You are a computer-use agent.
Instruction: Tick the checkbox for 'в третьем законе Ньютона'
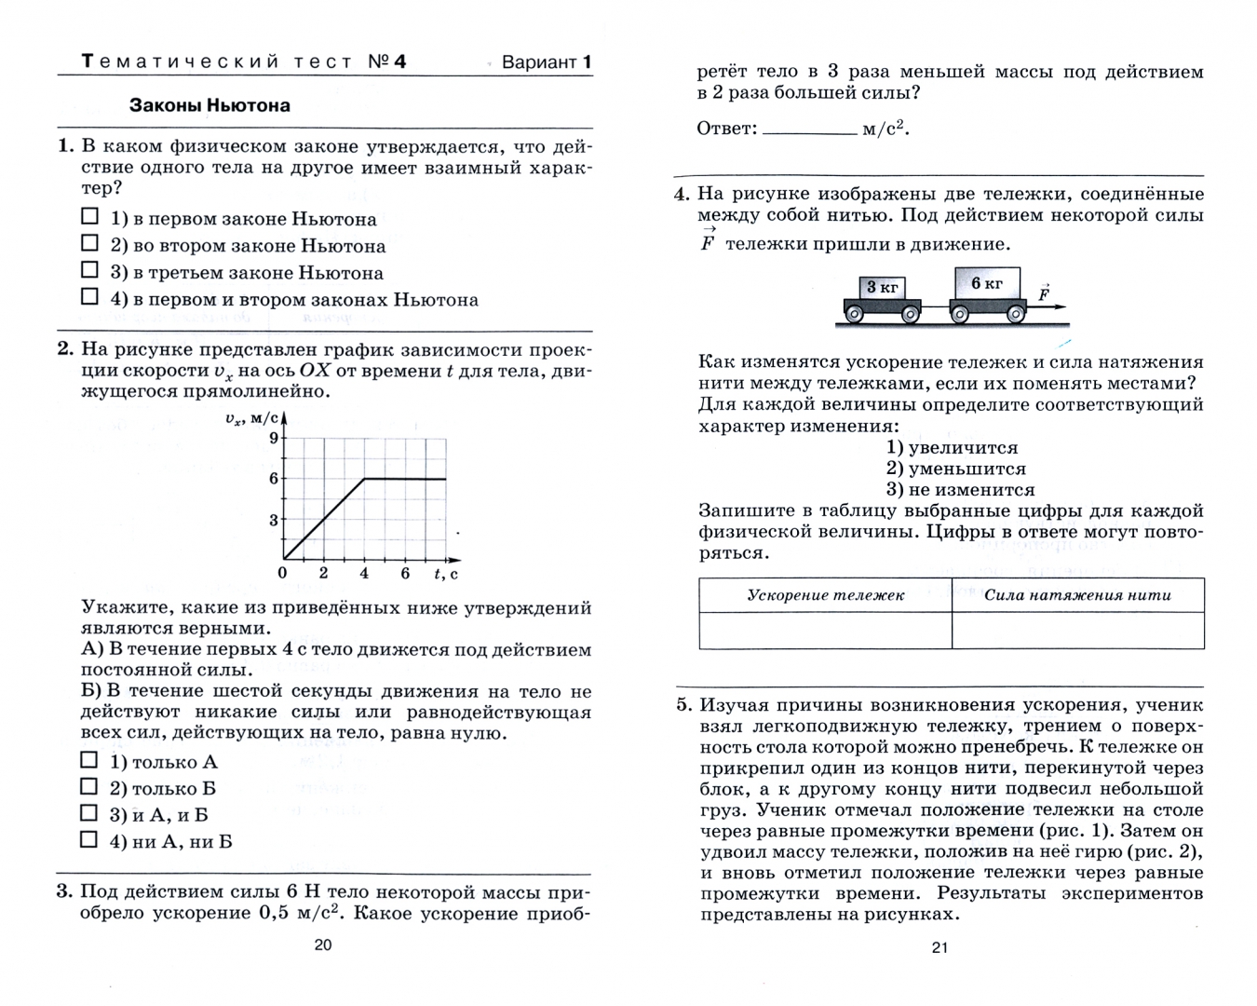click(89, 270)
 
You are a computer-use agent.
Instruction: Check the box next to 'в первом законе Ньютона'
click(89, 216)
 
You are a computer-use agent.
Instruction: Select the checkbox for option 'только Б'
click(89, 787)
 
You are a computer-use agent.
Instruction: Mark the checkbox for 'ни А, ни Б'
click(89, 840)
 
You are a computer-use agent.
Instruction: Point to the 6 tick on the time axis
click(405, 573)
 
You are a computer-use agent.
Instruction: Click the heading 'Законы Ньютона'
click(209, 106)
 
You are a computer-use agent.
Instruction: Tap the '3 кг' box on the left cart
click(882, 287)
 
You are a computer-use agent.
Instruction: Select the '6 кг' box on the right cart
click(987, 283)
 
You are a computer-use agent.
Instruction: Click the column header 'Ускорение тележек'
click(825, 595)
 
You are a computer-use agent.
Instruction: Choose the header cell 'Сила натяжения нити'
click(1077, 595)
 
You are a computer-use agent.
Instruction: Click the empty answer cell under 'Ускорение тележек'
click(825, 631)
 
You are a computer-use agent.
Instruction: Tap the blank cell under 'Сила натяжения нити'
click(1077, 631)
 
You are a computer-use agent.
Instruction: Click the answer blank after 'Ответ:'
click(809, 131)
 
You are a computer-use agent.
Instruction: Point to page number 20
click(322, 945)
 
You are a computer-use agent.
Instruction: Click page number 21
click(939, 947)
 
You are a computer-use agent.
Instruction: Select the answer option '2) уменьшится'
click(956, 469)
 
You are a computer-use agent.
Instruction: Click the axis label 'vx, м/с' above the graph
click(252, 418)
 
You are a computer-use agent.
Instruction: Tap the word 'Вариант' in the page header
click(539, 62)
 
